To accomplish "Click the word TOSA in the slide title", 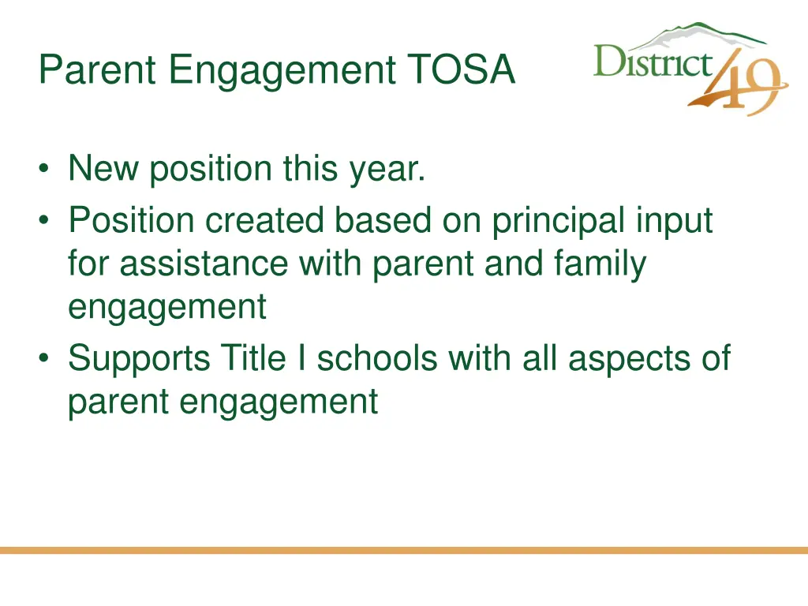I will pos(462,69).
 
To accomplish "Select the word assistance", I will pos(204,264).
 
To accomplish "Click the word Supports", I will pos(140,359).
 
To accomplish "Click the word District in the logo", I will pos(653,62).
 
